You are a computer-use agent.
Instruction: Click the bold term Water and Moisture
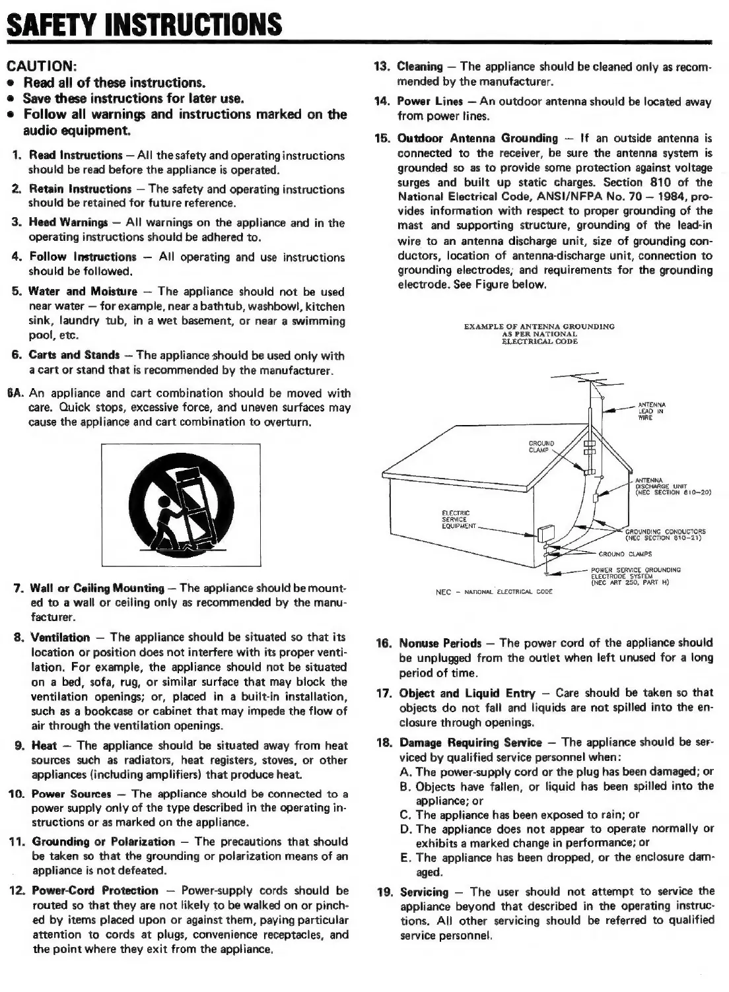[83, 291]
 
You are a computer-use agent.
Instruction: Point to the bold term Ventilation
[61, 638]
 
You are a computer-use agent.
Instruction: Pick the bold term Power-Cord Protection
[95, 890]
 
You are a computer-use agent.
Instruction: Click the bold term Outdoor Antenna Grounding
[477, 138]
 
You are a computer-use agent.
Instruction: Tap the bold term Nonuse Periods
[440, 643]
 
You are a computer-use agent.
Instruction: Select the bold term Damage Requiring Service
[470, 743]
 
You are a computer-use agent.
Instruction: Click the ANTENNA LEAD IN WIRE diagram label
[652, 411]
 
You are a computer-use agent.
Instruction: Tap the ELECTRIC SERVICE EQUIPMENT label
[456, 519]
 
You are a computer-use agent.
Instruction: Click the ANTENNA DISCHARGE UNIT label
[667, 486]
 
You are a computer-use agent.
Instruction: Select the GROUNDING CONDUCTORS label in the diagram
[665, 533]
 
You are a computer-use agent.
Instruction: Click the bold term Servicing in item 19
[424, 892]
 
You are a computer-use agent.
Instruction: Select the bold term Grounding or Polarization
[104, 842]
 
